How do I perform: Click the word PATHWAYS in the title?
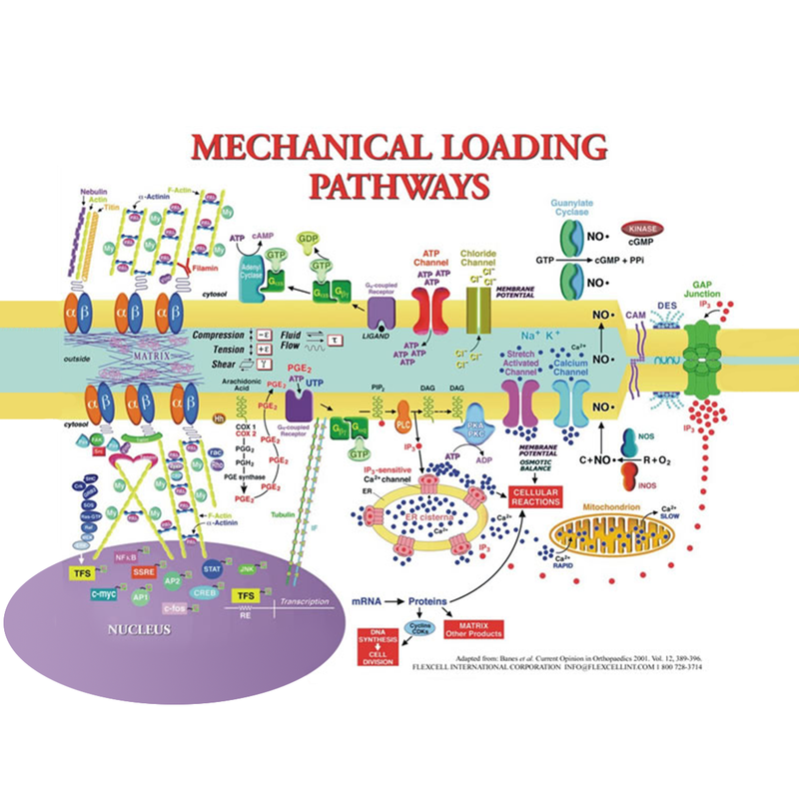coord(399,185)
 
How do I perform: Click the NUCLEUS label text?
coord(140,630)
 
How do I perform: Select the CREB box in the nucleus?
coord(205,593)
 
